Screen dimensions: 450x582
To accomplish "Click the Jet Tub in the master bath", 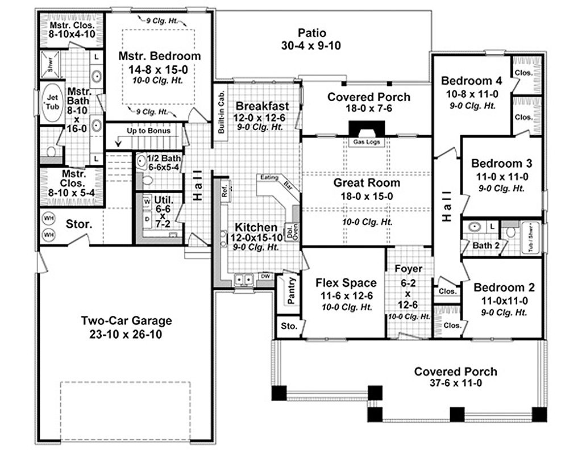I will tap(52, 103).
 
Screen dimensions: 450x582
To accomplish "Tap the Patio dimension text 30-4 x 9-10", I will tap(310, 46).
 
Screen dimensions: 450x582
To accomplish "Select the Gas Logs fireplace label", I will tap(366, 142).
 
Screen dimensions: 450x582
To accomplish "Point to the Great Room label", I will tap(367, 183).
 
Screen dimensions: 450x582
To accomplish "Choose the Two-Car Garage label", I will tap(126, 321).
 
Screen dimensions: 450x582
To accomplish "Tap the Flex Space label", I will tap(346, 283).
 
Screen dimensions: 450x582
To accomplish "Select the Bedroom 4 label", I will tap(471, 80).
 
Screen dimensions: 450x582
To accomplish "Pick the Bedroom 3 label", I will tap(501, 164).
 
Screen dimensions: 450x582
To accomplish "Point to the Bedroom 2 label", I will tap(504, 287).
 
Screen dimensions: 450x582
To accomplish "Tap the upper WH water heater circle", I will tap(48, 218).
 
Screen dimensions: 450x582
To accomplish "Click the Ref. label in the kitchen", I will tap(223, 188).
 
